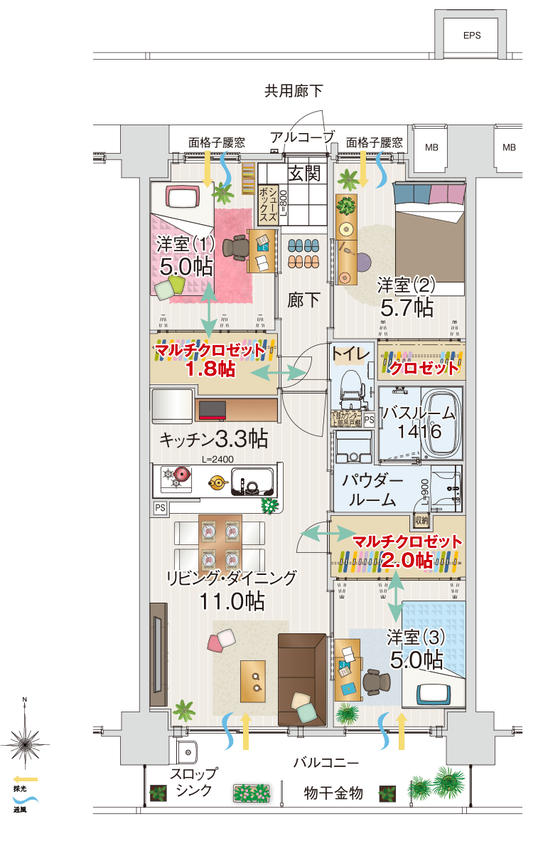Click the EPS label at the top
(x=471, y=36)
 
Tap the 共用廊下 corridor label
(x=294, y=90)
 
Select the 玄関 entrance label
(x=304, y=172)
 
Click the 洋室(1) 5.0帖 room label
(x=185, y=255)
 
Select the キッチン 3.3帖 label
(x=213, y=438)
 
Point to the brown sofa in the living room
(x=301, y=677)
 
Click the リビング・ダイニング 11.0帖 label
(x=231, y=589)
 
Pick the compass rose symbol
(x=25, y=743)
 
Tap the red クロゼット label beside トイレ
(x=424, y=368)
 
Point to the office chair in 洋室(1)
(x=236, y=248)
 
